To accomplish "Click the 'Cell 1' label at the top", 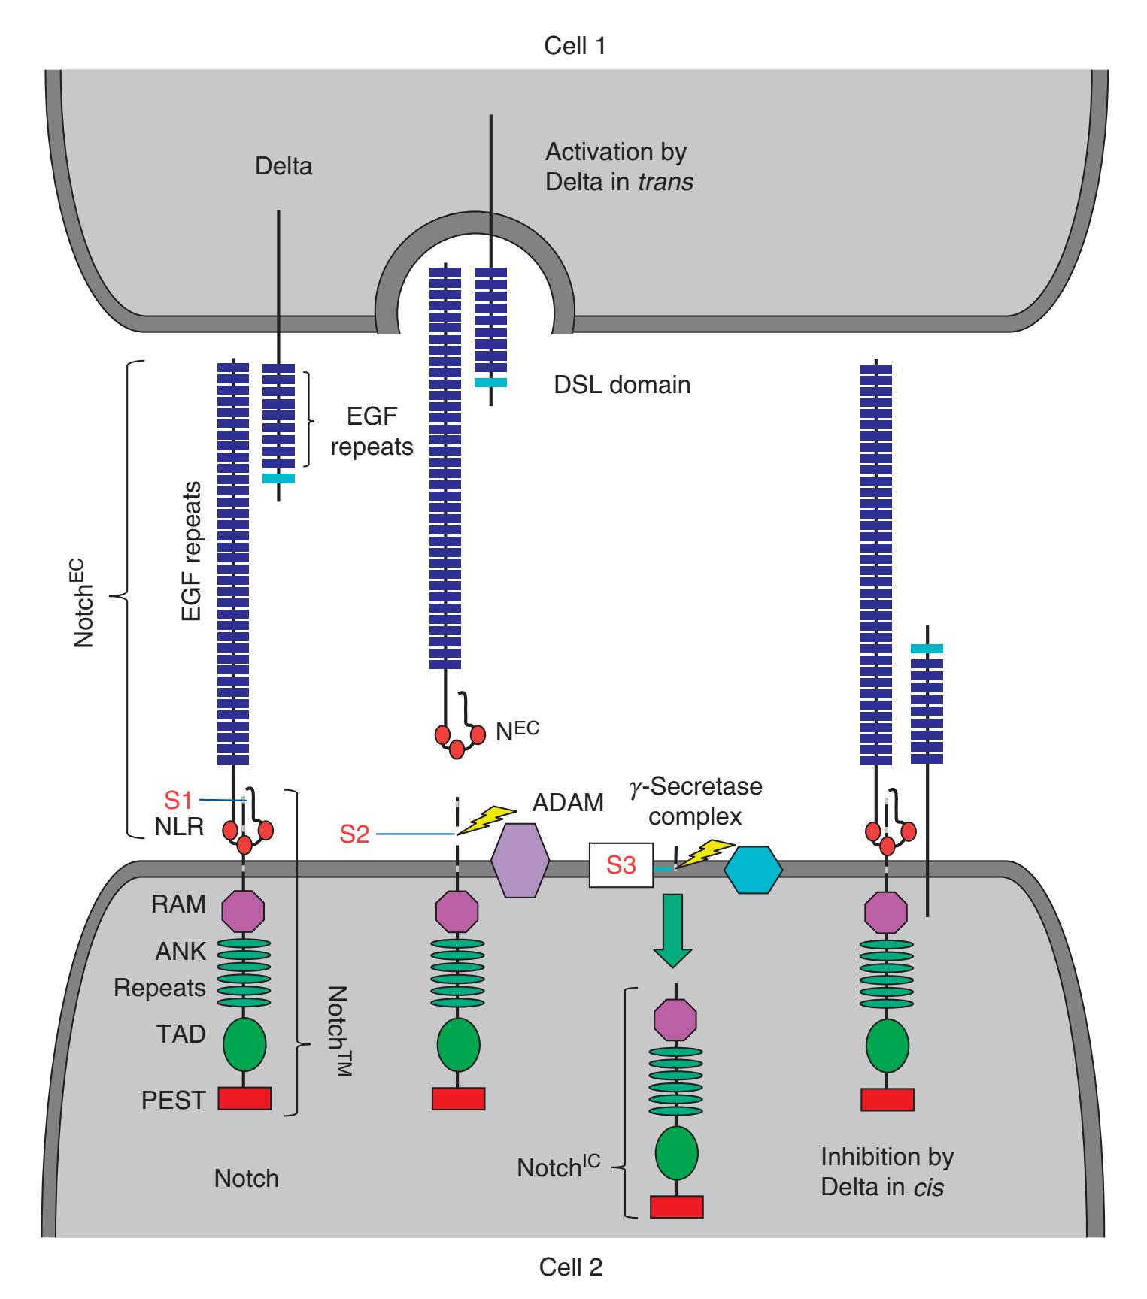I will [x=575, y=47].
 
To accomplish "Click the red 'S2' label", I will [x=355, y=834].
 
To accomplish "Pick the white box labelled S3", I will [x=621, y=866].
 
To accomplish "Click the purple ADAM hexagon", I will [x=520, y=860].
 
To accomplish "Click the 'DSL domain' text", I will [x=622, y=385].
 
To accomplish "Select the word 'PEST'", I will [x=173, y=1101].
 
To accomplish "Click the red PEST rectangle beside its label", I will [x=244, y=1099].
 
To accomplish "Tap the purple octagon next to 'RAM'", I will [x=244, y=910].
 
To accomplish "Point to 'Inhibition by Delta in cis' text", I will [x=887, y=1172].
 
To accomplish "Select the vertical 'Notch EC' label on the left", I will [x=84, y=598].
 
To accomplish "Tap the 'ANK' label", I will [x=181, y=951].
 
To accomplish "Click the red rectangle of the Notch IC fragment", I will [x=676, y=1206].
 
